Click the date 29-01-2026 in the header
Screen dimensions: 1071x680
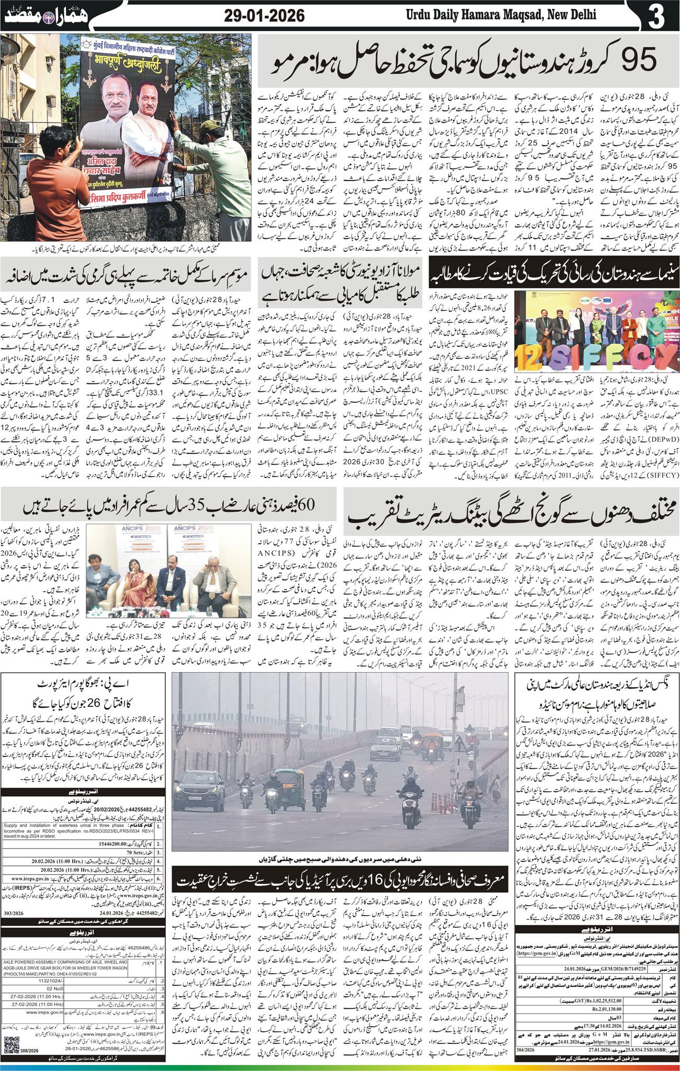264,16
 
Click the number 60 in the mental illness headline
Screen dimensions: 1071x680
304,506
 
